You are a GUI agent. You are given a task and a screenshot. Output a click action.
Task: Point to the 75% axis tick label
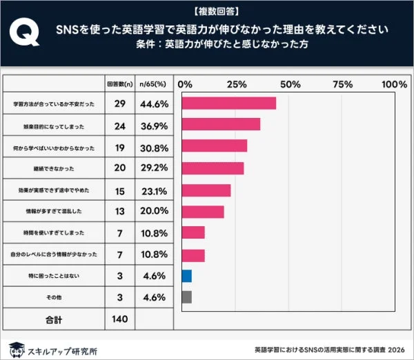pos(343,84)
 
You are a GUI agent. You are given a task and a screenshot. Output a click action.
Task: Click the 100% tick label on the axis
pos(394,84)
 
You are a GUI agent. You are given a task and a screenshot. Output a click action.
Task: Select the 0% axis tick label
pos(186,84)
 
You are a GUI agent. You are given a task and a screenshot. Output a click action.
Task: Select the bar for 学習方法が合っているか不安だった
pos(228,103)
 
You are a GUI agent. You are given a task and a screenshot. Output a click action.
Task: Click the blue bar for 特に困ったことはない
pos(186,276)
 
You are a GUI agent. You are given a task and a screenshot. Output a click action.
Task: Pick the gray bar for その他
pos(186,297)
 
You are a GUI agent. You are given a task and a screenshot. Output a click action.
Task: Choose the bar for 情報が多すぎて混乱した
pos(203,212)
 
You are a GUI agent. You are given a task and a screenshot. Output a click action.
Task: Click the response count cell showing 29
pos(119,103)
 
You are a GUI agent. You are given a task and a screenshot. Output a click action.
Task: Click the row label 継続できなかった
pos(53,168)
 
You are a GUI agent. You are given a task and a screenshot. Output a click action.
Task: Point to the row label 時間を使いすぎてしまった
pos(53,233)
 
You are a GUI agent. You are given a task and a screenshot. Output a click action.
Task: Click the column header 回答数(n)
pos(119,83)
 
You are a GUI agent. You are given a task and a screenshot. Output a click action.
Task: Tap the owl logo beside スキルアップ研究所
pos(16,348)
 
